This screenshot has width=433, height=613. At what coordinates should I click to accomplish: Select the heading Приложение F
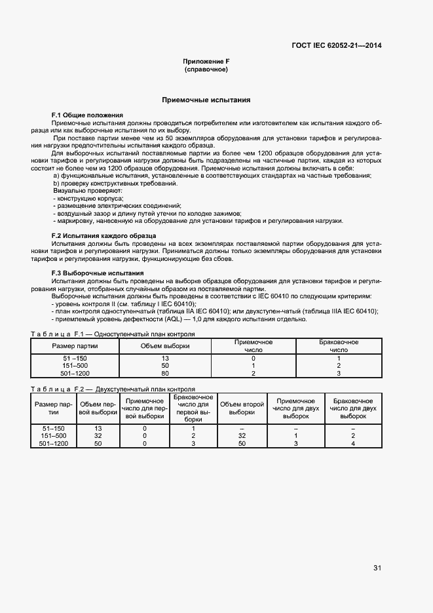(206, 61)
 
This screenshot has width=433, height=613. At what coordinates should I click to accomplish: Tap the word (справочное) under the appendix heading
(206, 69)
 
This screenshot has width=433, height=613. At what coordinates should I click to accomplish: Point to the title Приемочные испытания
(206, 100)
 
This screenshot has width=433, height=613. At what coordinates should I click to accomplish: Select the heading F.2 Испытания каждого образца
(104, 235)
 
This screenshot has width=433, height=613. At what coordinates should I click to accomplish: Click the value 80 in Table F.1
(164, 374)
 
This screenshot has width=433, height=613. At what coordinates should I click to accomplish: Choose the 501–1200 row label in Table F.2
(54, 444)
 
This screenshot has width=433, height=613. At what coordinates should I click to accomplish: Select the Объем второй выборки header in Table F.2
(242, 408)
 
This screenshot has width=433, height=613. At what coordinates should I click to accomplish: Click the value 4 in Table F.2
(353, 444)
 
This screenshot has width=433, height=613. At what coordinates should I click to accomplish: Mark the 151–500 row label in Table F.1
(75, 366)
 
